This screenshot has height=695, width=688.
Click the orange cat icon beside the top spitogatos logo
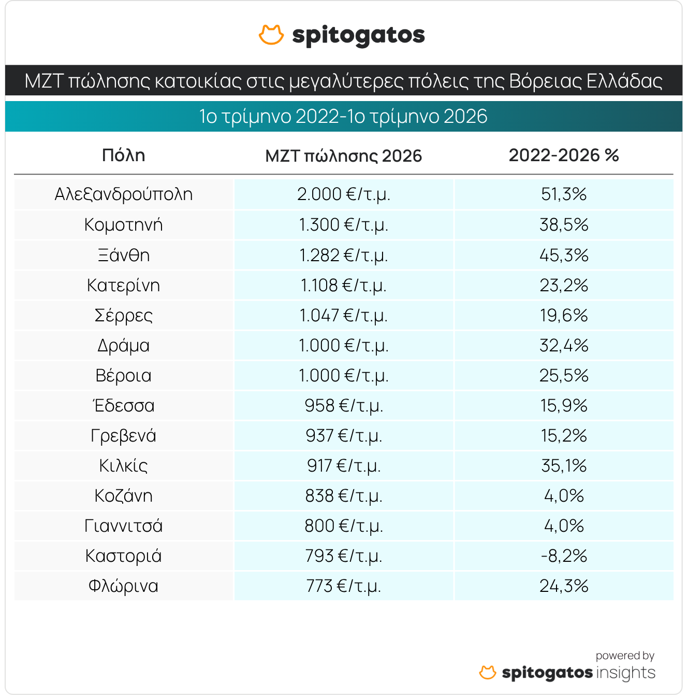[x=271, y=35]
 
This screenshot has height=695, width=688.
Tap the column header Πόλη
[x=123, y=155]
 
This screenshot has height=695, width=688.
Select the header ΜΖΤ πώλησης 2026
[x=343, y=156]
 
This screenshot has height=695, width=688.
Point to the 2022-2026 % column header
[x=563, y=155]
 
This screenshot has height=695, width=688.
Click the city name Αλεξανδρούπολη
[x=123, y=194]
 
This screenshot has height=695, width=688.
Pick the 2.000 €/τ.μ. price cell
[x=343, y=194]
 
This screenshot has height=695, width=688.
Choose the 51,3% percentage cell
[x=564, y=194]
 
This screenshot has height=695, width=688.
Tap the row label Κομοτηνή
[x=123, y=225]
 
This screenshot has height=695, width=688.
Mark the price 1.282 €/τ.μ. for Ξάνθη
[x=343, y=256]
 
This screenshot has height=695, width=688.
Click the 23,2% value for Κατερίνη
[x=564, y=285]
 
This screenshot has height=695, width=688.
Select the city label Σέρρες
[x=123, y=316]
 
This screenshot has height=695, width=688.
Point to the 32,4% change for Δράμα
[x=564, y=346]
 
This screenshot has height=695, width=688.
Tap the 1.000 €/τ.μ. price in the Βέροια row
[x=343, y=375]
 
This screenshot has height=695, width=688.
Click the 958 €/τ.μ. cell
[x=343, y=405]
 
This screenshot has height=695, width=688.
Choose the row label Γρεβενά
[x=123, y=436]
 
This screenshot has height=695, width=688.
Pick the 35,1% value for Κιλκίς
[x=564, y=465]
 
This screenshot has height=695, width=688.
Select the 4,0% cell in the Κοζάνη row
[x=564, y=495]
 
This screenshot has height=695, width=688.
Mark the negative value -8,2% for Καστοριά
[x=564, y=556]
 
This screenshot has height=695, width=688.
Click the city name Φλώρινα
[x=123, y=586]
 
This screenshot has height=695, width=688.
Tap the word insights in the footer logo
[x=625, y=673]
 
